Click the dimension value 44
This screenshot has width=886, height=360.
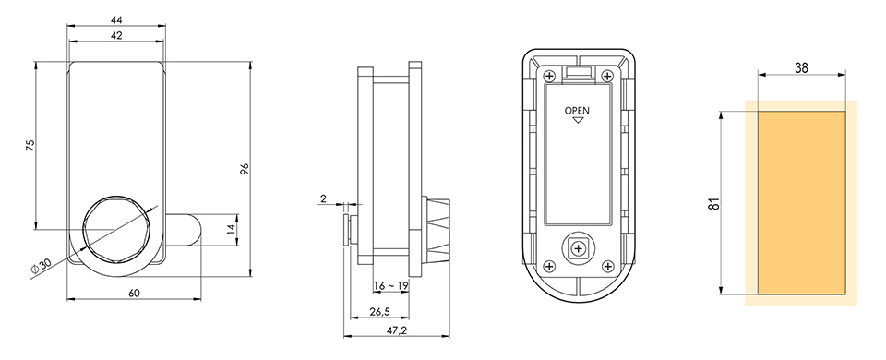(x=116, y=19)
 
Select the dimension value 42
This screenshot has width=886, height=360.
(x=116, y=36)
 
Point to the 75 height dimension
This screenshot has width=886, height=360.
(x=31, y=145)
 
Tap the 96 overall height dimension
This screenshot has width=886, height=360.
(x=245, y=169)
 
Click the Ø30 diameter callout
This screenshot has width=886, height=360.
(x=41, y=266)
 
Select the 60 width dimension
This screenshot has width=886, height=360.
(x=134, y=293)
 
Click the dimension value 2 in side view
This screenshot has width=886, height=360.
(x=323, y=198)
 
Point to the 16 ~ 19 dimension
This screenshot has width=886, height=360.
(x=391, y=286)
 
